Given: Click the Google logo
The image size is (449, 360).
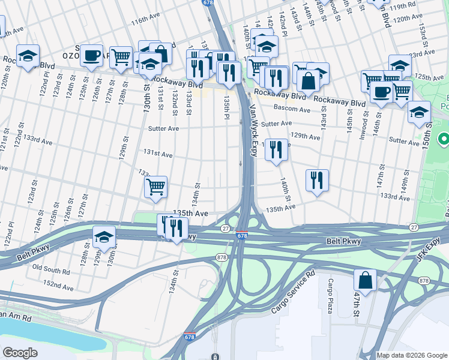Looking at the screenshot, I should coord(20,353).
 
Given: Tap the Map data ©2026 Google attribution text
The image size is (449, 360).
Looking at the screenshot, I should coord(412,355).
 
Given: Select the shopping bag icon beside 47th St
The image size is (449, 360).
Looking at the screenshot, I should coord(365,280).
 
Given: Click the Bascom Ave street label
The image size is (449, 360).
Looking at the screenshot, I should coord(291,110).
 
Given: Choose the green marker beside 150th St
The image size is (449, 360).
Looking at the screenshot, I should coord(444,140).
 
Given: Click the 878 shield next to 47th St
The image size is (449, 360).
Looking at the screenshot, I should coord(424,281).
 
